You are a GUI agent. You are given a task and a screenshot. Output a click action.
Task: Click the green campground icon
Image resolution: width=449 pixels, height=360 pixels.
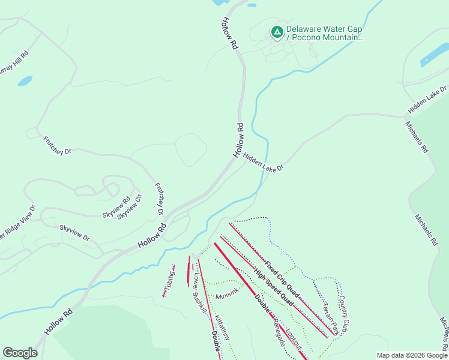(277, 32)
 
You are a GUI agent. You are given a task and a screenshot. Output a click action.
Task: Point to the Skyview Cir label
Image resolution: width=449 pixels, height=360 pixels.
(130, 206)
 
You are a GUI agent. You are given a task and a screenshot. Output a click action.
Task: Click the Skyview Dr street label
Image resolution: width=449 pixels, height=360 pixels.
(74, 233)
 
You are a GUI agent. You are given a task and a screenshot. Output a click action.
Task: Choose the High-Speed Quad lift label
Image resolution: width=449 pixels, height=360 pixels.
(273, 286)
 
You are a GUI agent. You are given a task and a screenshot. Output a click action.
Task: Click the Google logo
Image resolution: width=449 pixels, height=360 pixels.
(20, 353)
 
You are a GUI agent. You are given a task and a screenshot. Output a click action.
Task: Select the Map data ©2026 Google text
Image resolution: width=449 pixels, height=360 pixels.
(411, 355)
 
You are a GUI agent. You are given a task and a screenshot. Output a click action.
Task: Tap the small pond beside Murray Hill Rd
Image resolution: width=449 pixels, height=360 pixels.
(25, 80)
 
